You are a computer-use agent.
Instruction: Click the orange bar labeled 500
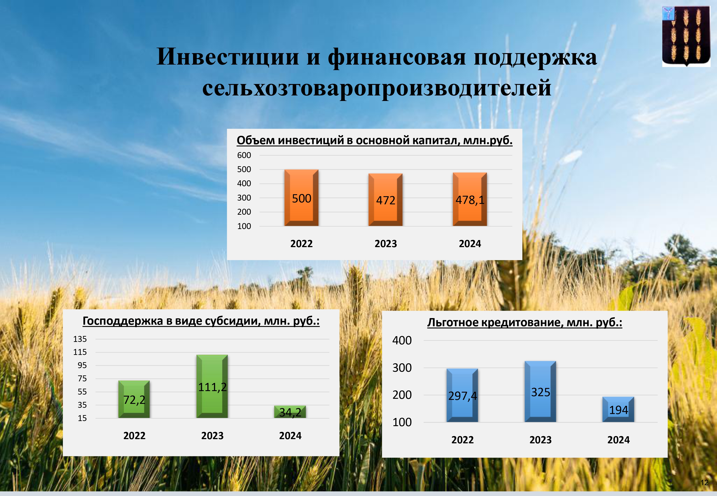coord(301,198)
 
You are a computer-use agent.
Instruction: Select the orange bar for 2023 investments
coord(386,200)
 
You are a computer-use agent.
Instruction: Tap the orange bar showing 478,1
coord(470,199)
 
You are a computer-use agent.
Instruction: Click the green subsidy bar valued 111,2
coord(212,386)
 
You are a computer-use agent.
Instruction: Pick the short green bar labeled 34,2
coord(290,412)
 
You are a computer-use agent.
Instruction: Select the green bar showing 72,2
coord(134,399)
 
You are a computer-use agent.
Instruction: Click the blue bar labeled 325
coord(540,392)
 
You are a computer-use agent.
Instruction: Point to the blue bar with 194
coord(618,409)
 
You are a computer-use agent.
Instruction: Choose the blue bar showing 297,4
coord(462,395)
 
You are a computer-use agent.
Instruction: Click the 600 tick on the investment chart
coord(244,155)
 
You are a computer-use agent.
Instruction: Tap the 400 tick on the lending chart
coord(402,341)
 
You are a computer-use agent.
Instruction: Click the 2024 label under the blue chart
coord(618,440)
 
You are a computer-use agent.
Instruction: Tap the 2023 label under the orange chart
coord(386,244)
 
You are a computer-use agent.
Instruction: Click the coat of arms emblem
coord(686,36)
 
